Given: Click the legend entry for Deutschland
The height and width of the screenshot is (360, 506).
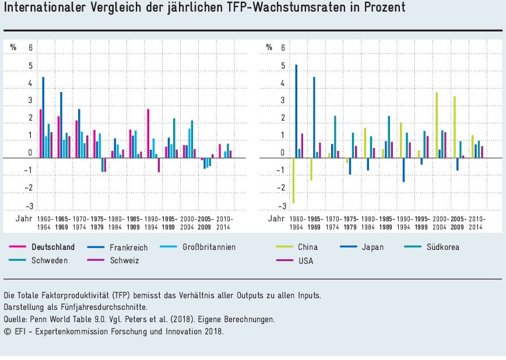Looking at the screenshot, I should coord(52,247).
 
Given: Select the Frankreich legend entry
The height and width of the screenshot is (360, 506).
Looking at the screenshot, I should coord(128,247).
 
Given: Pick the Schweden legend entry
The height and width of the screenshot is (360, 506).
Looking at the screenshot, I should coord(49,260).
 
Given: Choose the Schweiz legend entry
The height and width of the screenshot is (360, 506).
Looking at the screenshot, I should coord(124,260).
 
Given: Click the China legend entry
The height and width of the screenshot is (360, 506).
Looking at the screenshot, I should coord(307,247).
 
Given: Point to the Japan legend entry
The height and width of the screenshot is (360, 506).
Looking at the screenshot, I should coord(373,247).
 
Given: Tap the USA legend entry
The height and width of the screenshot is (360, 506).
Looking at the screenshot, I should coord(305,260).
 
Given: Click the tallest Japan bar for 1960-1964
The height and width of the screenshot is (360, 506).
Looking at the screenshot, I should coord(296,111).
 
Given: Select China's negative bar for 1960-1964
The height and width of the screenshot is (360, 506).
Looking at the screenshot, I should coord(293,181).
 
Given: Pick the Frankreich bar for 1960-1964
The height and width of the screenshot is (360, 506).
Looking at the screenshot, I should coord(43,117).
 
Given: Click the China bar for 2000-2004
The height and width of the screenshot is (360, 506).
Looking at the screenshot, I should coord(436,125).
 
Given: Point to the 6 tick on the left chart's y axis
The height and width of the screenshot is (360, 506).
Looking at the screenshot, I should coord(31,48).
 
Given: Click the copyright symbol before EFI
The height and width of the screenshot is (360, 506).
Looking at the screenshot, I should coord(7,331).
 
